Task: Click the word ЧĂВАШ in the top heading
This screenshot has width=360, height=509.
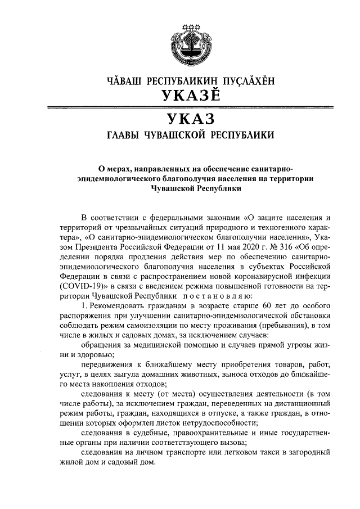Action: (x=124, y=81)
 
